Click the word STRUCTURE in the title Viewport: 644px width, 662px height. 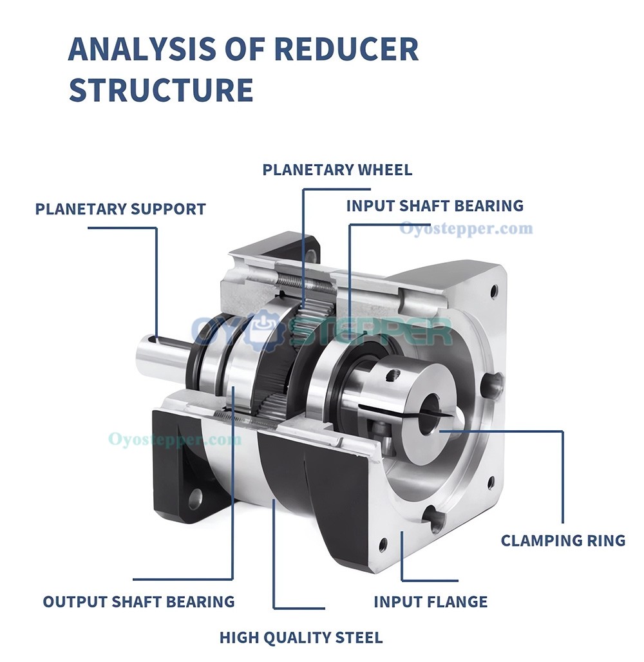(160, 90)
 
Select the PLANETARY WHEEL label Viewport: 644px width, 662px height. (337, 170)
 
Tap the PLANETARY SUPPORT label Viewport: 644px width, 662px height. (120, 209)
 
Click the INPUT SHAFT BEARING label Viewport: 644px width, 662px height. (435, 206)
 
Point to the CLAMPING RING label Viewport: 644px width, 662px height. (563, 540)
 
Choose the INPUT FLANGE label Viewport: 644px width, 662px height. (430, 602)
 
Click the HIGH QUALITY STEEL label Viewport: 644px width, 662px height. (301, 638)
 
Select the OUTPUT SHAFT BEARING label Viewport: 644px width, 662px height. (138, 602)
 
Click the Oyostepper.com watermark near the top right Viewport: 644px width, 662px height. (466, 229)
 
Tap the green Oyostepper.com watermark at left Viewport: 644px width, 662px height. (175, 440)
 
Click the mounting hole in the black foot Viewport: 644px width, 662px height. (194, 497)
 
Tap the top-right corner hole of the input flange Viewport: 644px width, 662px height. (494, 291)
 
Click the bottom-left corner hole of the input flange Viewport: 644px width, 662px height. (383, 545)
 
